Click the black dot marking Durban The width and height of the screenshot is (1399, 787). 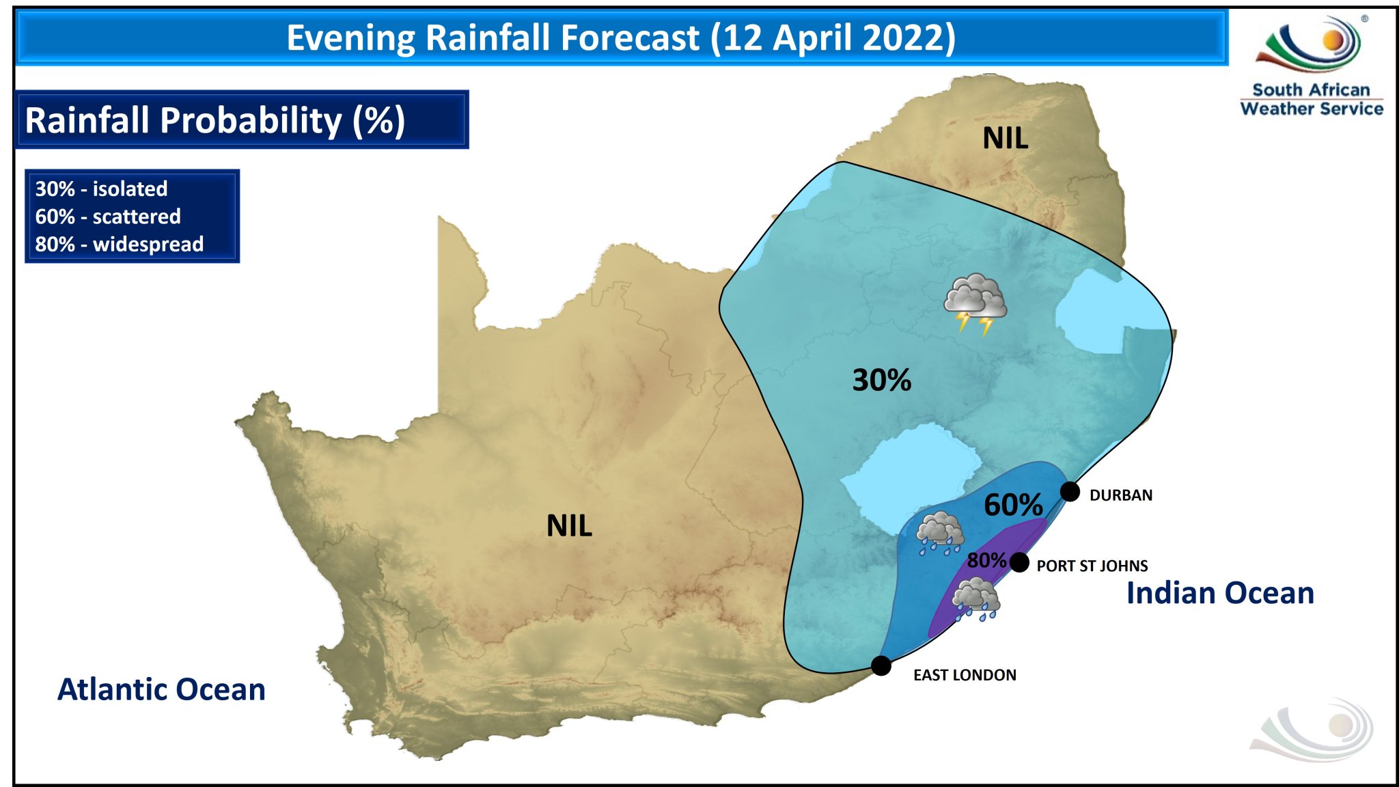(x=1070, y=491)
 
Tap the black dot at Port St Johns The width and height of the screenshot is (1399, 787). (x=1019, y=562)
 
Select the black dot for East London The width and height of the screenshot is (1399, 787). (x=881, y=665)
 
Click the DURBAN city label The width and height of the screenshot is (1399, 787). (x=1120, y=495)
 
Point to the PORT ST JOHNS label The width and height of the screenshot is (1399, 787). (x=1092, y=566)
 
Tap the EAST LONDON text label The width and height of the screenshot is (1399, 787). (x=964, y=675)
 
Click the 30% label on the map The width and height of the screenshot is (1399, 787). (x=881, y=380)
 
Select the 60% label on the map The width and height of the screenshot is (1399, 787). (x=1012, y=506)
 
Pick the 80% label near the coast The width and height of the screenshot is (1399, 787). (x=986, y=560)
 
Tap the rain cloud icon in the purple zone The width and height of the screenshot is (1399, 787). (x=976, y=598)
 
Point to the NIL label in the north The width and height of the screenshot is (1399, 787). (x=1005, y=139)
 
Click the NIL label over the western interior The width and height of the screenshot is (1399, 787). (x=569, y=526)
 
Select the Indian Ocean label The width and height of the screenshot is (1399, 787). (x=1220, y=593)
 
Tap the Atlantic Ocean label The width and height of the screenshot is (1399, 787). (x=161, y=689)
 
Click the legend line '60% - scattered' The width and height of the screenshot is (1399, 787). (x=108, y=217)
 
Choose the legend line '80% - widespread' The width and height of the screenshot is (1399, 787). (x=120, y=244)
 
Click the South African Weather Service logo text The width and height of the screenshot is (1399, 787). (x=1311, y=100)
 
